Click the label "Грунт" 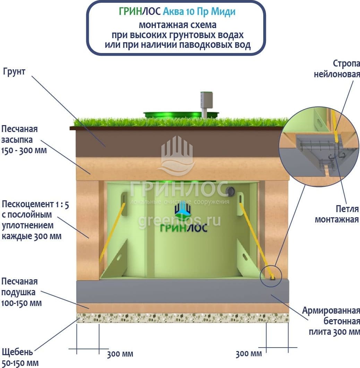click(14, 72)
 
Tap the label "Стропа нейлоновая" click(337, 69)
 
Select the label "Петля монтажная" click(336, 214)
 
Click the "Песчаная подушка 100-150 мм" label click(22, 292)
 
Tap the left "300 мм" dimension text click(120, 354)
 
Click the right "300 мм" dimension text click(249, 354)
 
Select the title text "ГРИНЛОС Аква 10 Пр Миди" click(177, 11)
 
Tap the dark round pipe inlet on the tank click(230, 191)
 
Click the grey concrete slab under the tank click(182, 291)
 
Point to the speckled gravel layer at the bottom click(182, 318)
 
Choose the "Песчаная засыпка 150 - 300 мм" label click(24, 140)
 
